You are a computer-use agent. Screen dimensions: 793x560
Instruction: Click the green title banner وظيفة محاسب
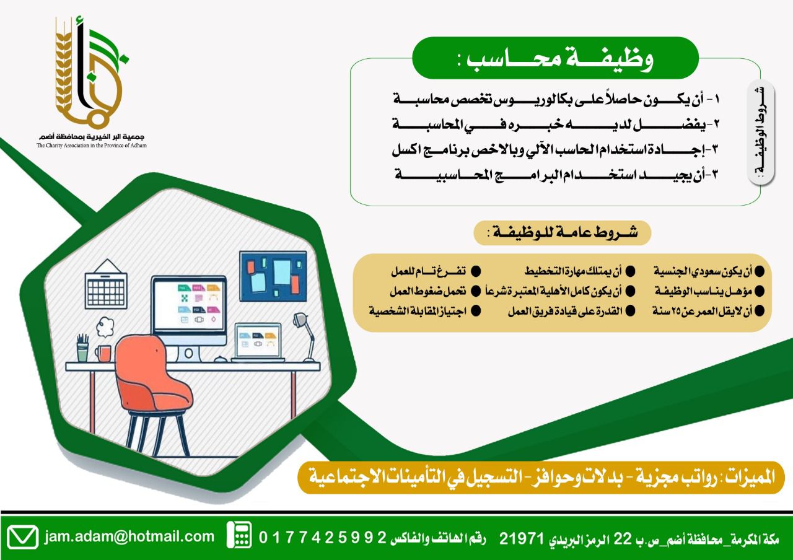point(555,58)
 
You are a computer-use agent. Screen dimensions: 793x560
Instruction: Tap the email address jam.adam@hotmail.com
point(129,536)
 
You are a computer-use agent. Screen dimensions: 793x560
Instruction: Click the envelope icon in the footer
point(22,537)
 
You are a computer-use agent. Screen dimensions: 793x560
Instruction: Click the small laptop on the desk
point(258,343)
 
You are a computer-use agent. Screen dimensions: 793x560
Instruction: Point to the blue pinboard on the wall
point(273,276)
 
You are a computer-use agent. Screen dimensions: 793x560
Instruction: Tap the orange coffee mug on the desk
point(103,353)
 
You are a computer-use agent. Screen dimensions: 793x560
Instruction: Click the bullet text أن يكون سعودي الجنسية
point(703,271)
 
